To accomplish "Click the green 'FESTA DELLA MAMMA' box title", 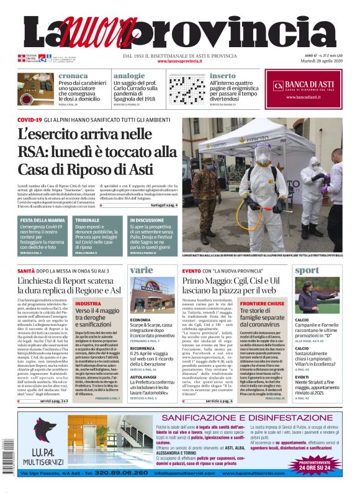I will (42, 220).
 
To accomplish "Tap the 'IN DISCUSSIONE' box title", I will (147, 220).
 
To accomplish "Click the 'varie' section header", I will (142, 271).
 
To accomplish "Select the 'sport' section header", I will (307, 271).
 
